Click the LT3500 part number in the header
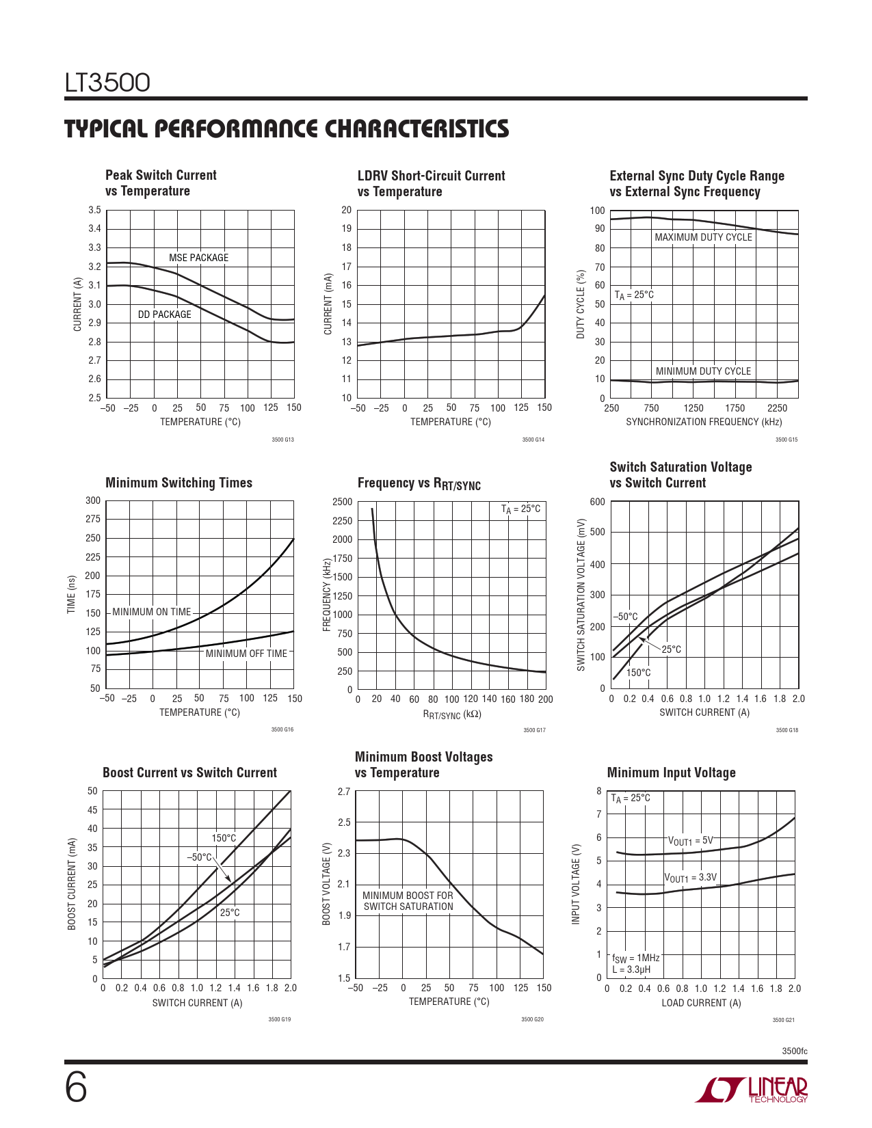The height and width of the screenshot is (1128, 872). tap(107, 83)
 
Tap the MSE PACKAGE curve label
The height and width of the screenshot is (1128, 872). tap(198, 258)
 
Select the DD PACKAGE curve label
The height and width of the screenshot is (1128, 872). tap(164, 314)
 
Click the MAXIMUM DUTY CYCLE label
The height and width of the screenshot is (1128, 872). tap(703, 237)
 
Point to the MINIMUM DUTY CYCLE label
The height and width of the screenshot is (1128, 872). tap(703, 371)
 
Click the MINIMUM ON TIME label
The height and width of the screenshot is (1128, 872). tap(151, 612)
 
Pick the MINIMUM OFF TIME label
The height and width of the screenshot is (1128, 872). tap(246, 654)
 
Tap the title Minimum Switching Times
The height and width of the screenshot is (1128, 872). tap(179, 483)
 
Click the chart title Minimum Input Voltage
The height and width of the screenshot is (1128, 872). tap(671, 773)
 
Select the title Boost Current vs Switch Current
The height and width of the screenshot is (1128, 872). tap(189, 773)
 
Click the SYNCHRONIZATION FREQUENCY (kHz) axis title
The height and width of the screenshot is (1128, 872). tap(704, 422)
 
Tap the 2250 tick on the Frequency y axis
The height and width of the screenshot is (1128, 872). tap(342, 521)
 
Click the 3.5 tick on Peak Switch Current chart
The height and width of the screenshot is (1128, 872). tap(94, 210)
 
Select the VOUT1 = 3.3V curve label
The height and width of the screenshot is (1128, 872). tap(690, 878)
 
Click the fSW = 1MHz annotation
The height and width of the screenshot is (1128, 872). tap(635, 958)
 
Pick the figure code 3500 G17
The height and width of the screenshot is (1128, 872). tap(534, 730)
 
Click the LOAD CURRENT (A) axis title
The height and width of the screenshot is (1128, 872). tap(701, 1003)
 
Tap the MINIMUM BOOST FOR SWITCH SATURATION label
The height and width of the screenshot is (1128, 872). tap(408, 901)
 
